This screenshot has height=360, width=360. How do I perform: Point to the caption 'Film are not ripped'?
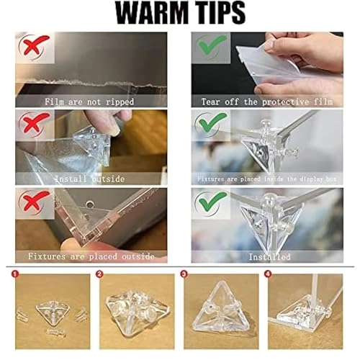[x=91, y=102]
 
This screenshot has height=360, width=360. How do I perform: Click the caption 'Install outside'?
[x=91, y=178]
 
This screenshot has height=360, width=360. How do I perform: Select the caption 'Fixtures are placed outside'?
[x=91, y=256]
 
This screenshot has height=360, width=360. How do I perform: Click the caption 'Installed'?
[x=269, y=256]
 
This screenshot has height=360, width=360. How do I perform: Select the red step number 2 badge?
[x=102, y=274]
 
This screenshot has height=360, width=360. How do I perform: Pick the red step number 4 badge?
[x=268, y=274]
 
